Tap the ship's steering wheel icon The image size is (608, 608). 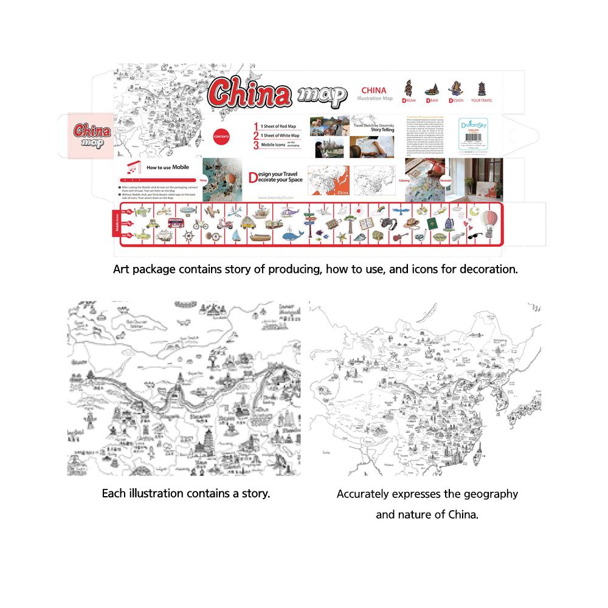(x=188, y=236)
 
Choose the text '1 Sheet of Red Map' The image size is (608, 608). (x=279, y=125)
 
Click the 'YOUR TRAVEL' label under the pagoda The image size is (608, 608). (x=483, y=100)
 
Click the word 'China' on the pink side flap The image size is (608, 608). (x=91, y=130)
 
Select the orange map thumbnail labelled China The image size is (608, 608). (x=328, y=181)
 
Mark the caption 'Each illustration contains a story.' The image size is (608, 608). (x=185, y=493)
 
